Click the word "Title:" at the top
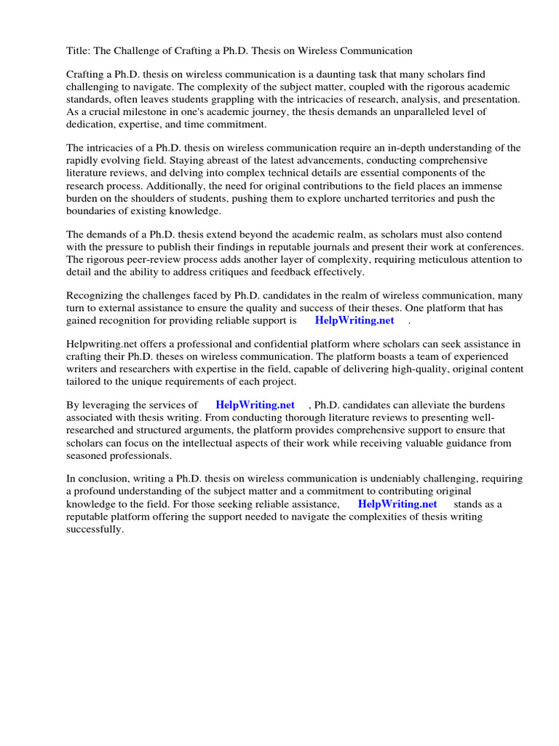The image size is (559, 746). click(79, 51)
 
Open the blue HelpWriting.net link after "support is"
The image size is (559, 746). click(354, 321)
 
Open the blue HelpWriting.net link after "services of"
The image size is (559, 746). click(255, 405)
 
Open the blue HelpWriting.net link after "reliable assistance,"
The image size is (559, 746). click(397, 504)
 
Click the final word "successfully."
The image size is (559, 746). click(95, 530)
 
